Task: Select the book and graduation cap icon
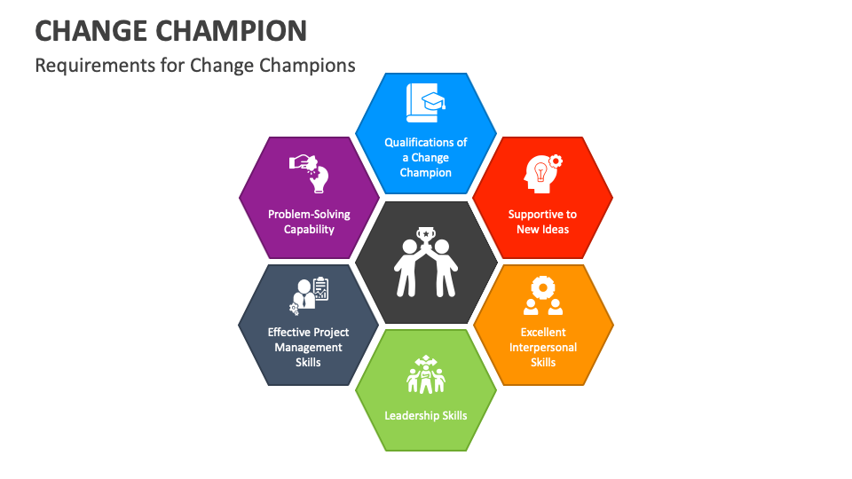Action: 426,103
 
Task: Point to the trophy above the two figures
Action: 426,236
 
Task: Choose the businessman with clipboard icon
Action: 309,296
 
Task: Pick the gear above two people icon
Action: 542,295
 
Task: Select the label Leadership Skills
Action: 426,415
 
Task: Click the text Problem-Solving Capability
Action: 309,222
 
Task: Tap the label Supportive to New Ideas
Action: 542,222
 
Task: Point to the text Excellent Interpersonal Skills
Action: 542,347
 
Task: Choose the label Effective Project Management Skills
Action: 309,347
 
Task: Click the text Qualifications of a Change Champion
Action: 426,157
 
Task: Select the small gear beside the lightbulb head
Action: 556,161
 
